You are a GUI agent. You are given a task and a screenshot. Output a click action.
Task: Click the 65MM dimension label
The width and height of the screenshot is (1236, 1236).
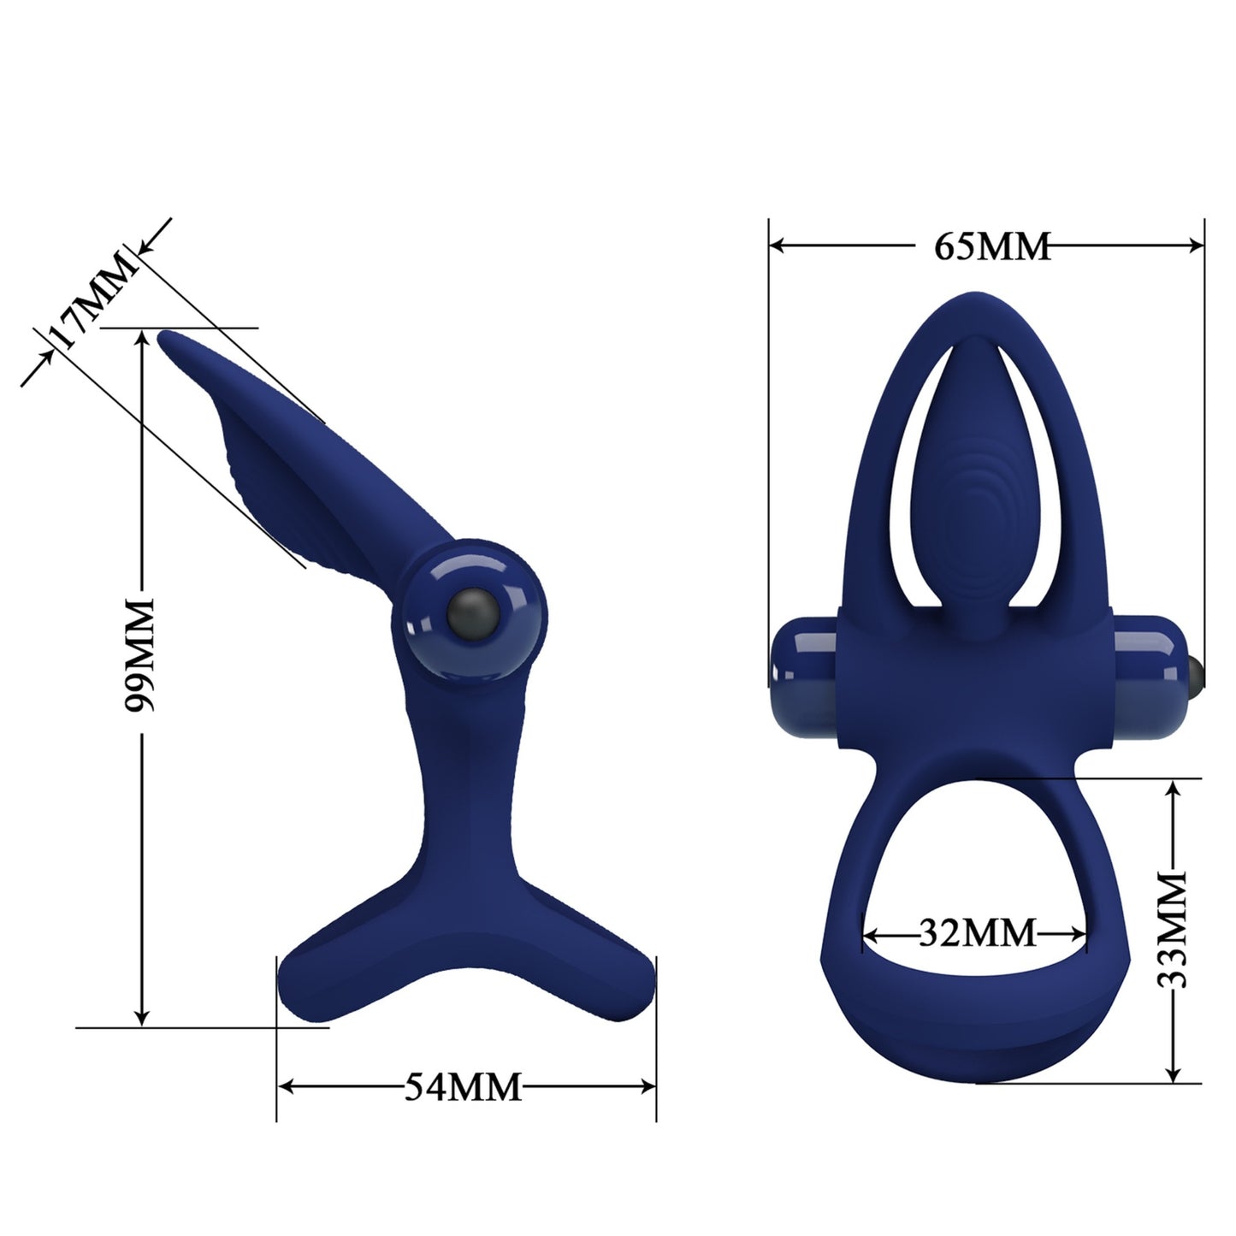click(x=991, y=245)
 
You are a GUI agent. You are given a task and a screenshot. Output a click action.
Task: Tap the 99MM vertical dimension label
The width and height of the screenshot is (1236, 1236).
click(x=139, y=655)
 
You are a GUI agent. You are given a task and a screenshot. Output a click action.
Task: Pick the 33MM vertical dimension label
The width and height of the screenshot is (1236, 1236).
click(x=1171, y=930)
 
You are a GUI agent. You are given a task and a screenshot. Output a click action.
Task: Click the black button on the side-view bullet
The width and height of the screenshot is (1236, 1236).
click(x=473, y=613)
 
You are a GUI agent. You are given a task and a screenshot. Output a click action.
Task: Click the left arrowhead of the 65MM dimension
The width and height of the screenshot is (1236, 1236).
click(x=778, y=245)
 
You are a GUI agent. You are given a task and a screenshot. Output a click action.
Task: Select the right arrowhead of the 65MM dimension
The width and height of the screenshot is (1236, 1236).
click(x=1196, y=245)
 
